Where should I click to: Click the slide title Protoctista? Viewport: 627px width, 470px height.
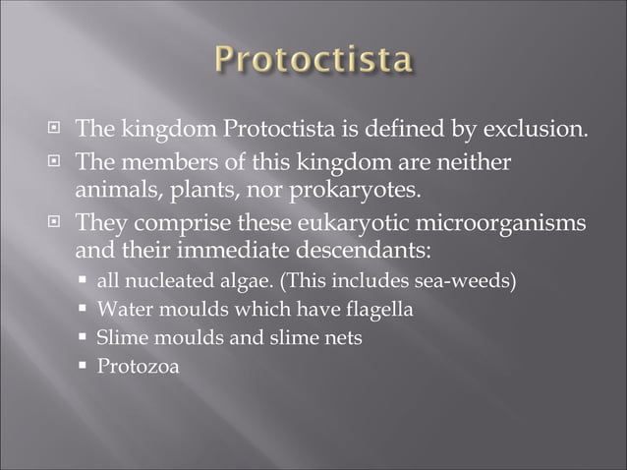(313, 61)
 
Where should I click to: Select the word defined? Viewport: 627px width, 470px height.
(406, 129)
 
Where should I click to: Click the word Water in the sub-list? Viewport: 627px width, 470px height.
(119, 311)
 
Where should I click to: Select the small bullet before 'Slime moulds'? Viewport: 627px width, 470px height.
(84, 339)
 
